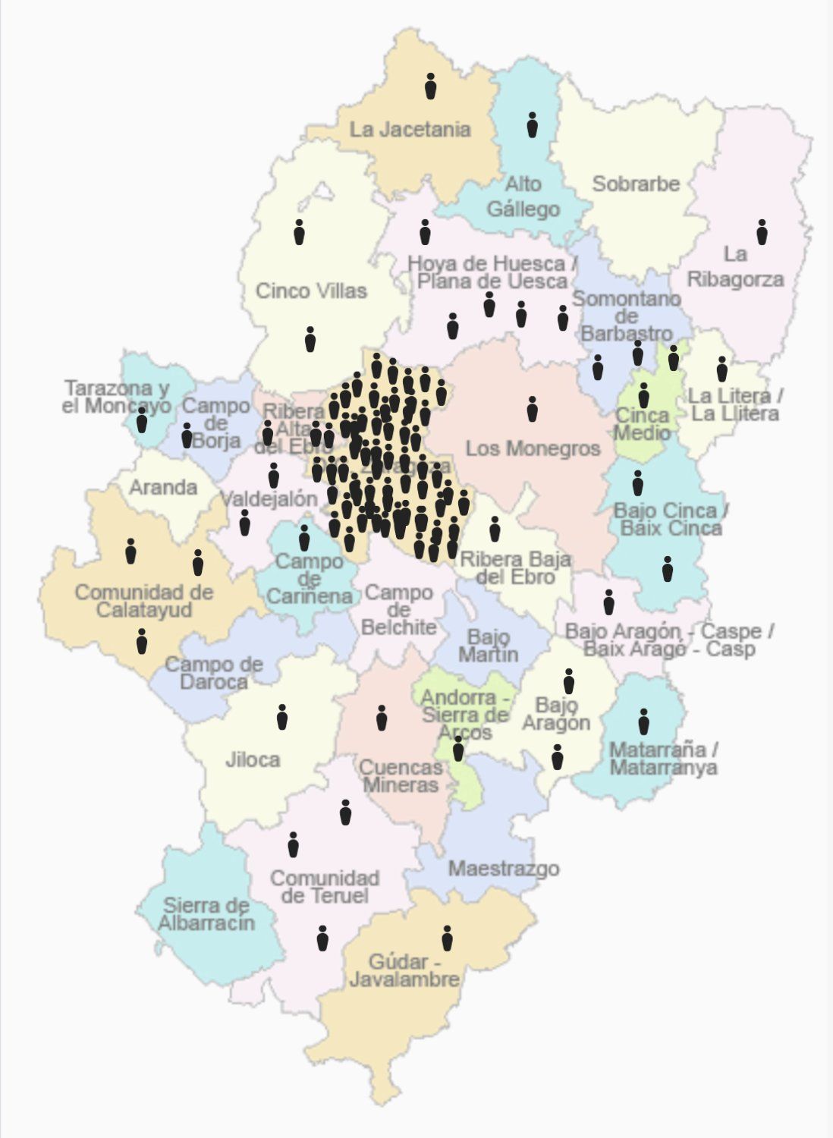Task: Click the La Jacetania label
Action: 410,130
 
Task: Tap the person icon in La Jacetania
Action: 430,86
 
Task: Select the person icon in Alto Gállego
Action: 532,125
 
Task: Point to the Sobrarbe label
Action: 636,184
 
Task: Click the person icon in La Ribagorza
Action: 762,232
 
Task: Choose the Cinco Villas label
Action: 311,291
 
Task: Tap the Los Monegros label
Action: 533,448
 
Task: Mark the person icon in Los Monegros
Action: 532,409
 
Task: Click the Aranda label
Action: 163,487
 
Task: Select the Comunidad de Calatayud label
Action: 143,601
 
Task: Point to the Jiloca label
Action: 253,759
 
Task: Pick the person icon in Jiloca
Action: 282,717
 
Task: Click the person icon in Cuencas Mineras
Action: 382,718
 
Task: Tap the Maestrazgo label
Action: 503,869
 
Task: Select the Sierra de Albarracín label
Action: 206,914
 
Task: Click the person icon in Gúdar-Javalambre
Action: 447,938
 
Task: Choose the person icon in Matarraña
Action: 643,721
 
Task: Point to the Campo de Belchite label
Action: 399,610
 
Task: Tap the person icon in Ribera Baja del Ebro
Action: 495,529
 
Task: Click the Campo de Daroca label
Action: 214,673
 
